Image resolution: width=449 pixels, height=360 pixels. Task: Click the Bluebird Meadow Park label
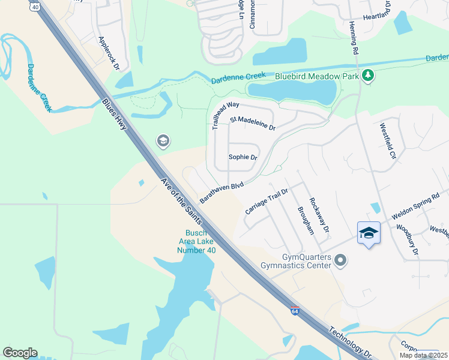316,76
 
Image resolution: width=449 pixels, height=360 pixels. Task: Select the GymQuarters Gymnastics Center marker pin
341,260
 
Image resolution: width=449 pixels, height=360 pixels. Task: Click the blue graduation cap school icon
369,233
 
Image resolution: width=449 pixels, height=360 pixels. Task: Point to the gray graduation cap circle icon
163,141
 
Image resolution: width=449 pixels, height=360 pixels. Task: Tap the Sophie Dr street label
243,157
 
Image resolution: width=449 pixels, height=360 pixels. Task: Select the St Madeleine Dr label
253,124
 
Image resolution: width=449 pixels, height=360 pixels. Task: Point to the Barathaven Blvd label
221,193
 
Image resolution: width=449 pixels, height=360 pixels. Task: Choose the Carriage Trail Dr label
267,202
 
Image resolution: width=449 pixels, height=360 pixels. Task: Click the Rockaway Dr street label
319,215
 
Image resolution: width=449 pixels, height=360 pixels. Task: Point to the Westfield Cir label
388,141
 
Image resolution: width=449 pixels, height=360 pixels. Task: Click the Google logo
20,353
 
